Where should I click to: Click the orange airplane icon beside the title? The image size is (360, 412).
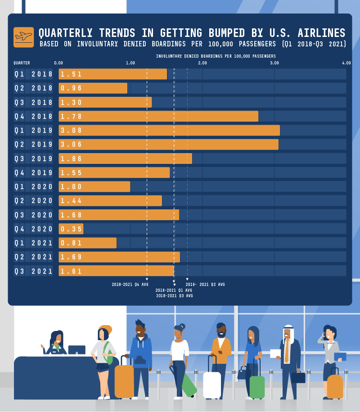click(x=24, y=37)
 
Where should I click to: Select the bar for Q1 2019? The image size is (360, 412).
click(x=169, y=131)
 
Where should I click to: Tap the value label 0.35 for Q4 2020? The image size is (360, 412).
click(x=71, y=229)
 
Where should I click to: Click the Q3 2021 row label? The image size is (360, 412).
click(x=33, y=271)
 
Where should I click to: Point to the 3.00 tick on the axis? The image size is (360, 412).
click(x=274, y=63)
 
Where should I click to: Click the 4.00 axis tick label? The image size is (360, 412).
click(x=346, y=63)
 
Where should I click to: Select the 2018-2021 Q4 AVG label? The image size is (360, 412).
click(x=130, y=285)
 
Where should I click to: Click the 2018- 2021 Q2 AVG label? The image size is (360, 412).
click(x=205, y=285)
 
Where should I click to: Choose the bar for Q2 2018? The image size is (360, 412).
click(x=93, y=88)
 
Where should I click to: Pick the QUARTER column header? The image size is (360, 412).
click(x=22, y=63)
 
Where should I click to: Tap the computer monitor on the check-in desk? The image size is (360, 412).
click(x=77, y=350)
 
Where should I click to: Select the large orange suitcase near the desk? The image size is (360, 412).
click(x=124, y=382)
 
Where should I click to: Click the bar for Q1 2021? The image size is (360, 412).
click(x=88, y=243)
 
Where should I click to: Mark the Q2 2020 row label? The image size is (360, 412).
click(x=33, y=201)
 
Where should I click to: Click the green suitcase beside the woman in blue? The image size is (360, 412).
click(x=257, y=387)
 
